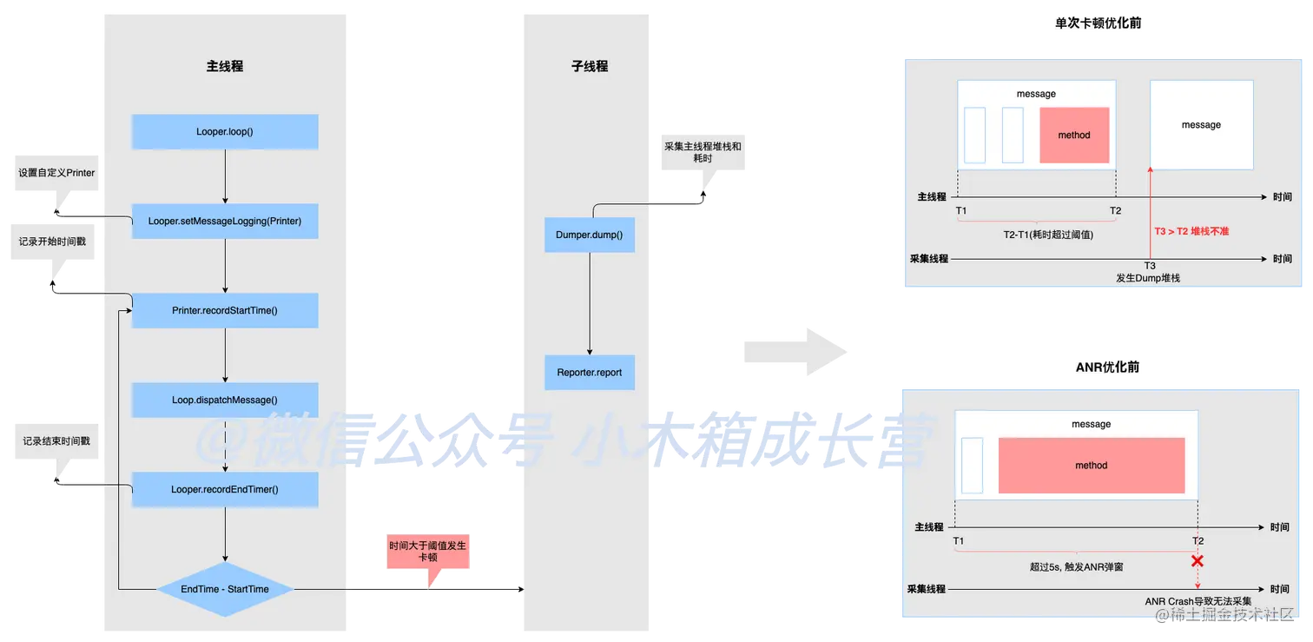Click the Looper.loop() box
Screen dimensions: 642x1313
point(225,131)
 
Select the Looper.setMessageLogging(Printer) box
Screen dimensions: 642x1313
point(225,221)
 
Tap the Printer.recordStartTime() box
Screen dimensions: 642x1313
point(225,310)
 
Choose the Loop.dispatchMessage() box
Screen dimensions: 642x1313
point(225,400)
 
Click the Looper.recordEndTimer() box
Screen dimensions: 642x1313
point(225,489)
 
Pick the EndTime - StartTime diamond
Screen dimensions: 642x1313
point(225,589)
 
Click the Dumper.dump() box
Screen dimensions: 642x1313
point(590,235)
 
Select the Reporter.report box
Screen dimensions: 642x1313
point(590,373)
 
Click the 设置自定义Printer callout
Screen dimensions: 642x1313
point(56,173)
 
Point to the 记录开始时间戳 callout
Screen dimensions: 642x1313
point(52,242)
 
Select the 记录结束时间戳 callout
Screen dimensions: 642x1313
point(56,441)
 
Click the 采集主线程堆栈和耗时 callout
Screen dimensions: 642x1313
point(703,153)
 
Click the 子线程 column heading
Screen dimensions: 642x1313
point(591,66)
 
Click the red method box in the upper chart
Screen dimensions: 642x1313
point(1074,135)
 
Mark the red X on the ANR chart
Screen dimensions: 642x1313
point(1198,560)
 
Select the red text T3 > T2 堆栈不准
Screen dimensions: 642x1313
point(1191,231)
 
